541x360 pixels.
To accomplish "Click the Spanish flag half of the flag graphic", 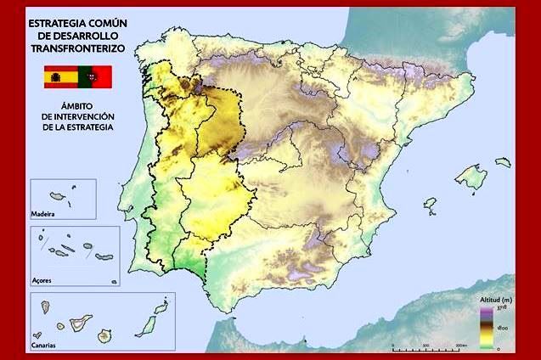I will (60, 77).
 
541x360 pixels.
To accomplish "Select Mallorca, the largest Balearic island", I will (471, 177).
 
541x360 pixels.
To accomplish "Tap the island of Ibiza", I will (430, 205).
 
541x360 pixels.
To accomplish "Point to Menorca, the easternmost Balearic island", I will (503, 160).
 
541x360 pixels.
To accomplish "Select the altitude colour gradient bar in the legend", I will (487, 328).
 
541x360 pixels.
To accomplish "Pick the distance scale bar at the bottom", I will (430, 347).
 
